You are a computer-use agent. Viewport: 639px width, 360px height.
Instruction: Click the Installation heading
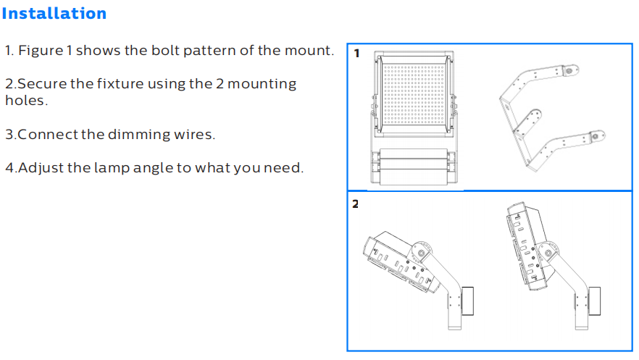pyautogui.click(x=54, y=14)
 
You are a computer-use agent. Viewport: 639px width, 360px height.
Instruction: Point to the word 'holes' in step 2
pyautogui.click(x=25, y=100)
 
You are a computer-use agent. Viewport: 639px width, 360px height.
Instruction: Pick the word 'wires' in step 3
pyautogui.click(x=193, y=135)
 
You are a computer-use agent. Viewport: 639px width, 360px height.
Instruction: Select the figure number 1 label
pyautogui.click(x=357, y=54)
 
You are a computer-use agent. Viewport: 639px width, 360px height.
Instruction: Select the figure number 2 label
pyautogui.click(x=355, y=204)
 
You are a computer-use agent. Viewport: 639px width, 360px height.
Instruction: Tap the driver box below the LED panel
pyautogui.click(x=414, y=167)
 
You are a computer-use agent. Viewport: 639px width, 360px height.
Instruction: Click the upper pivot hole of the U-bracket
pyautogui.click(x=569, y=71)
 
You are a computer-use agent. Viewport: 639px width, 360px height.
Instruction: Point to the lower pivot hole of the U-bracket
pyautogui.click(x=596, y=136)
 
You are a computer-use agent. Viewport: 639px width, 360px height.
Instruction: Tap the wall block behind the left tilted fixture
pyautogui.click(x=467, y=301)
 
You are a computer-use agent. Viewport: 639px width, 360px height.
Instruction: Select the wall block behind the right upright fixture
pyautogui.click(x=595, y=301)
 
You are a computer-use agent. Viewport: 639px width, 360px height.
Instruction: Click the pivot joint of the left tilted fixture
pyautogui.click(x=422, y=254)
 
